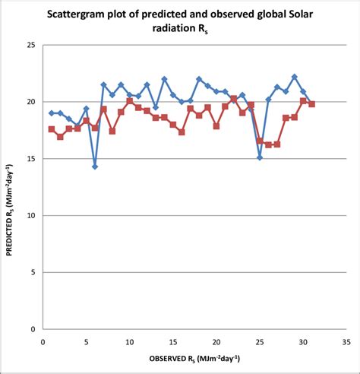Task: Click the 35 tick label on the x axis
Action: point(347,341)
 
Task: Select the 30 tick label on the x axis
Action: point(303,341)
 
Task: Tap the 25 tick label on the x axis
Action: point(260,341)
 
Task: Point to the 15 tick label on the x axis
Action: point(173,341)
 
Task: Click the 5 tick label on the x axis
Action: point(86,341)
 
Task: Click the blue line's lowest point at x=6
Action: point(95,166)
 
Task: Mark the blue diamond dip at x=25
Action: point(260,157)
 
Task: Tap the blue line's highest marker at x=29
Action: point(295,77)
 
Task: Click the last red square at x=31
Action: point(312,104)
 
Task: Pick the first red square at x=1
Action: point(52,129)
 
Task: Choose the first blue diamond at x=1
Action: point(52,113)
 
